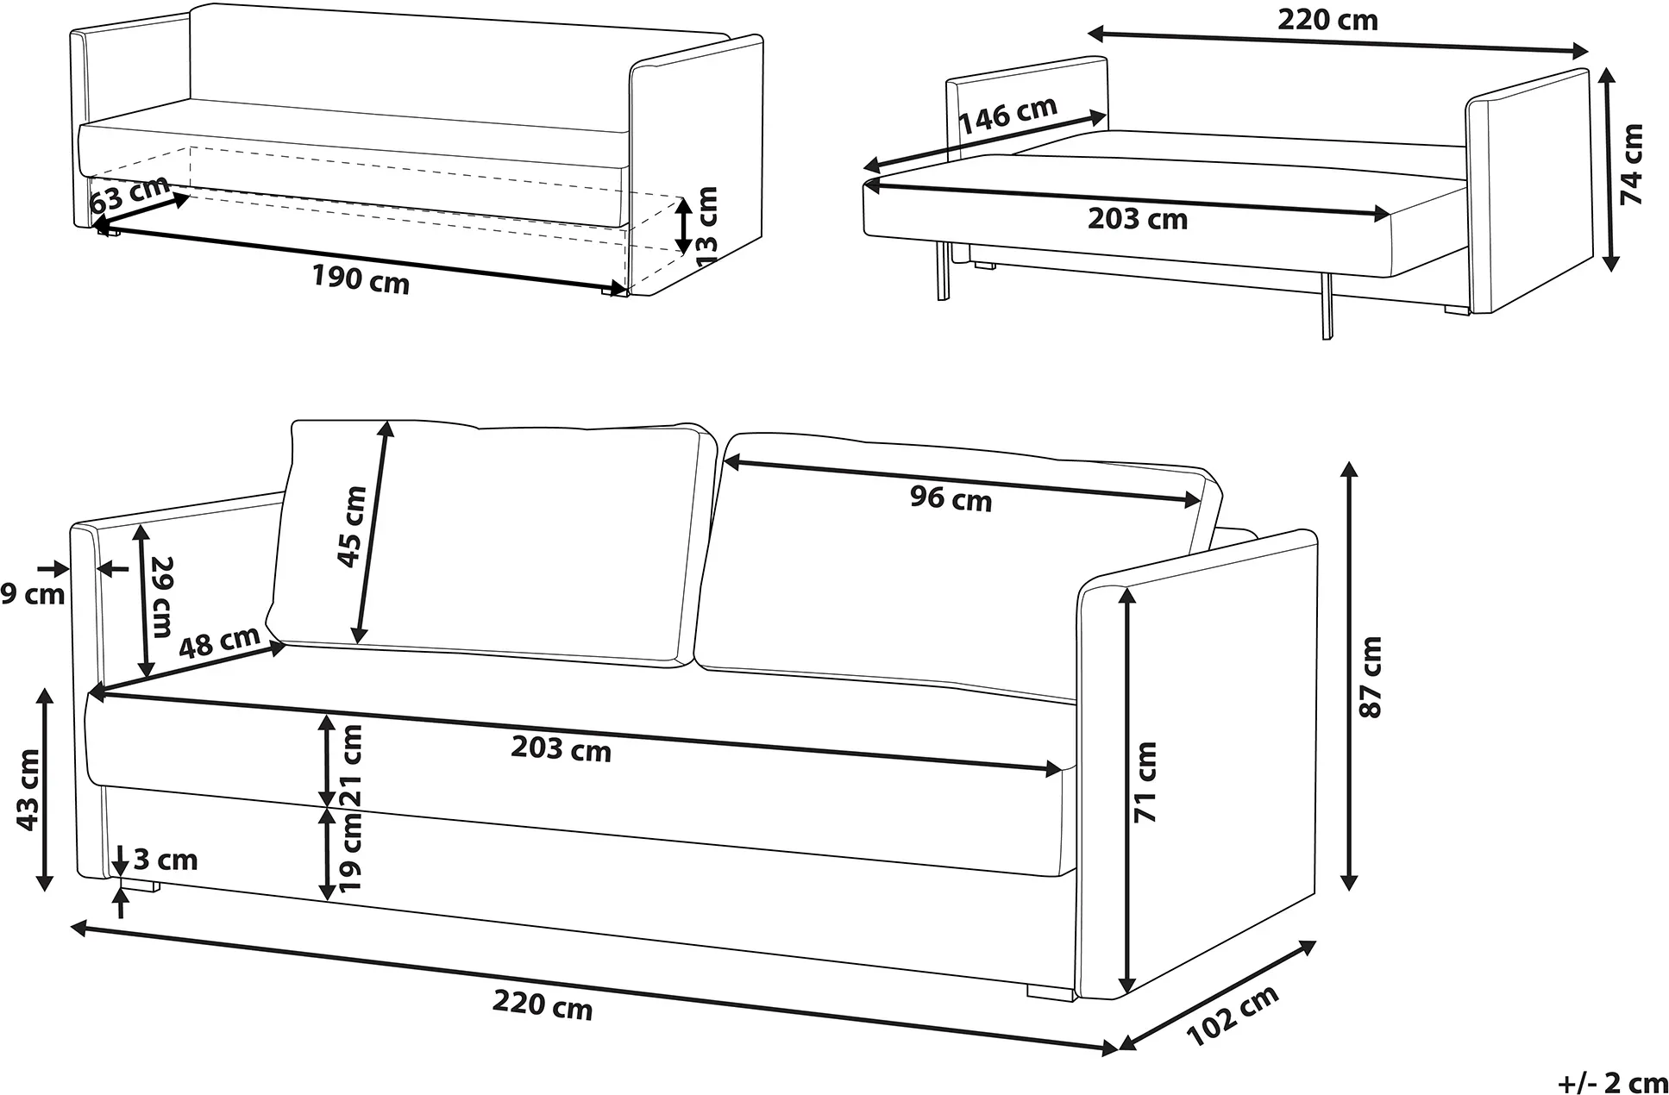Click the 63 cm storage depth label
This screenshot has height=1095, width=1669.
[x=129, y=195]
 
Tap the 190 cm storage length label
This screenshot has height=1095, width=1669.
[x=361, y=278]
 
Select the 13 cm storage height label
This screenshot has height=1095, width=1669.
[x=706, y=226]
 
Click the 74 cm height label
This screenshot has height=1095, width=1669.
[x=1632, y=165]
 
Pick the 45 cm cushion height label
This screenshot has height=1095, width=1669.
[x=352, y=527]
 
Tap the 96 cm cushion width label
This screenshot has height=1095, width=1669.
[x=951, y=498]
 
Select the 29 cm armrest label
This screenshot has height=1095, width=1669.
[x=161, y=597]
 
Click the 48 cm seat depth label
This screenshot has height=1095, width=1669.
[x=220, y=641]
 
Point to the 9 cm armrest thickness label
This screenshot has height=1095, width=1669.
[x=33, y=595]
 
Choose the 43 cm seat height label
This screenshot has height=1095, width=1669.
[x=28, y=790]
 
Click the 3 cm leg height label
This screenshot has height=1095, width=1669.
[x=166, y=860]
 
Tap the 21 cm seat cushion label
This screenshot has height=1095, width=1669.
[x=351, y=766]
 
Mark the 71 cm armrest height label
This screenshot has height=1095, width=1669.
[x=1145, y=781]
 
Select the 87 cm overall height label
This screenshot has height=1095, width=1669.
[x=1369, y=677]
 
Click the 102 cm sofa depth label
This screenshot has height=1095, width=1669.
[x=1233, y=1017]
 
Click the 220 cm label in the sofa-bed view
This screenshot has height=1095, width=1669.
[x=1328, y=19]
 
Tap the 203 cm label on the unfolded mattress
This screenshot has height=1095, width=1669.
[x=1138, y=219]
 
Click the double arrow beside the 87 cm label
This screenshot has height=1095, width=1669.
[x=1351, y=676]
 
